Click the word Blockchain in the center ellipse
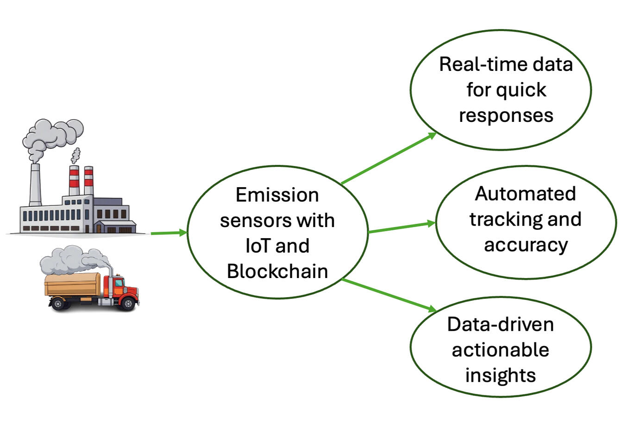click(x=277, y=271)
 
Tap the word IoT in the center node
click(x=257, y=246)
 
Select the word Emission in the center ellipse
click(x=277, y=195)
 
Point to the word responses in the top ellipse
click(x=506, y=115)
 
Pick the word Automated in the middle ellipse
click(x=525, y=193)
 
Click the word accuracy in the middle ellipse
click(x=526, y=245)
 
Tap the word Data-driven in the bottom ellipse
click(x=500, y=324)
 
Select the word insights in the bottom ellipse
click(x=500, y=375)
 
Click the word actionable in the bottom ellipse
click(x=500, y=349)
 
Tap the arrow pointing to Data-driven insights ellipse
click(x=389, y=295)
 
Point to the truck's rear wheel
click(x=58, y=304)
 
